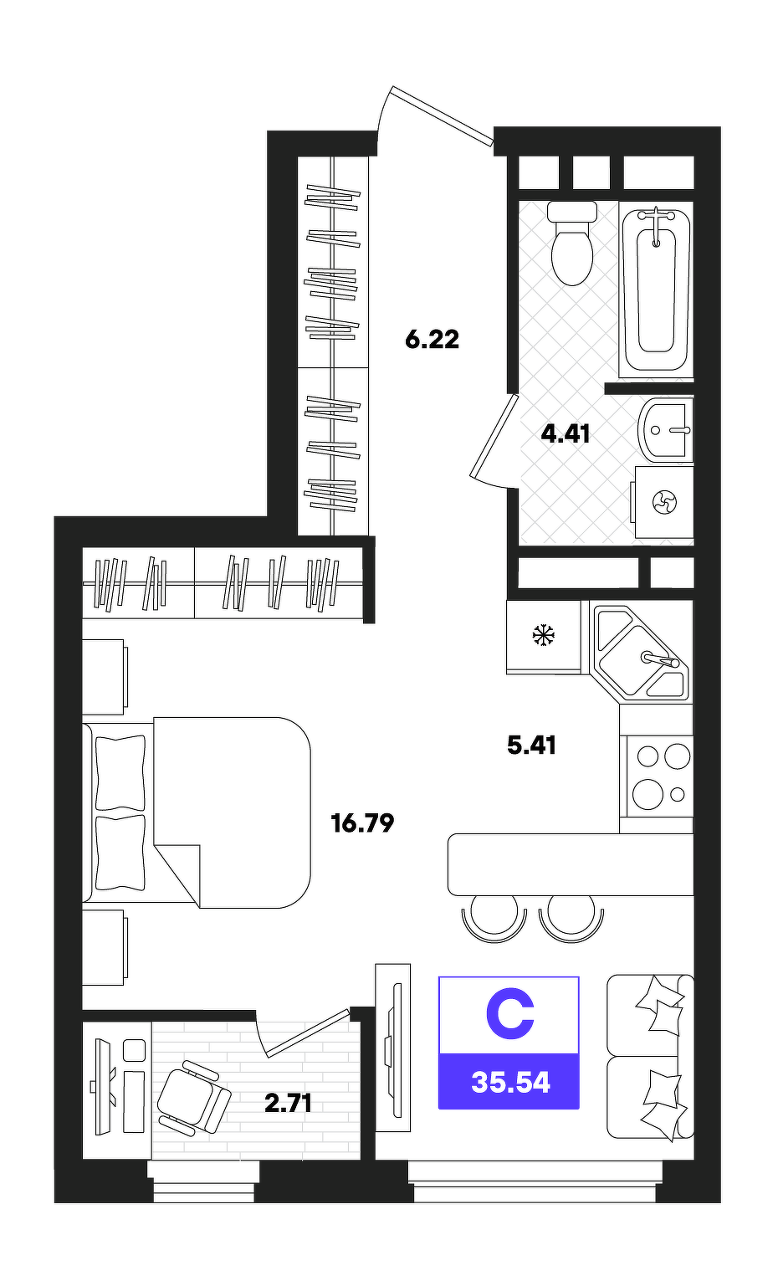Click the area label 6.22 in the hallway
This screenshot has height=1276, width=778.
[432, 340]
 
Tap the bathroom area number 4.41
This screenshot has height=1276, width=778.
[565, 434]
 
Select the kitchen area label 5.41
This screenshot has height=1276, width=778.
[531, 745]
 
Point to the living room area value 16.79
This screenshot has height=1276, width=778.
[363, 823]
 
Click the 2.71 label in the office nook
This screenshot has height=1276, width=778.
[288, 1104]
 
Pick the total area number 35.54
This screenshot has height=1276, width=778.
[511, 1083]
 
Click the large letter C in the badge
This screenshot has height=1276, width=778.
[509, 1015]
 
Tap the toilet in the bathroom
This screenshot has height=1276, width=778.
[572, 243]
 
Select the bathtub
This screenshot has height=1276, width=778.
[656, 290]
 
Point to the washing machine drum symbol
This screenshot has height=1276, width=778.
[664, 503]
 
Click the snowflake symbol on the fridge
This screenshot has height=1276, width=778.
[544, 635]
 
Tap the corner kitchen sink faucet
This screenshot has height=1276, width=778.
[661, 659]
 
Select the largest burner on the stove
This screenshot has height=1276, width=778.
[647, 794]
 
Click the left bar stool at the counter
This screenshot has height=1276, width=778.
[494, 922]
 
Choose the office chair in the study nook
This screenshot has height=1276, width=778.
[192, 1097]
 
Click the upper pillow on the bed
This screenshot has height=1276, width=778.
[120, 772]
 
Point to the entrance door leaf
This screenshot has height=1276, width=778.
[442, 116]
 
